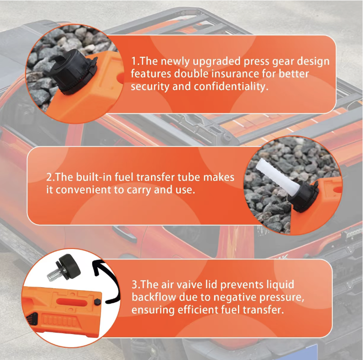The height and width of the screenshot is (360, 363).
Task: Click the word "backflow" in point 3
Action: click(x=154, y=297)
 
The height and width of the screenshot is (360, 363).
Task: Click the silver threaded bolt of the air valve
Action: click(x=54, y=274)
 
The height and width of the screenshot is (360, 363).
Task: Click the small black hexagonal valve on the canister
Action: click(x=97, y=302)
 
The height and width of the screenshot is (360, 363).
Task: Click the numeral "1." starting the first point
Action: click(x=135, y=61)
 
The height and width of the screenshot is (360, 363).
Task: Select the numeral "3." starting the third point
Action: click(x=136, y=284)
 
